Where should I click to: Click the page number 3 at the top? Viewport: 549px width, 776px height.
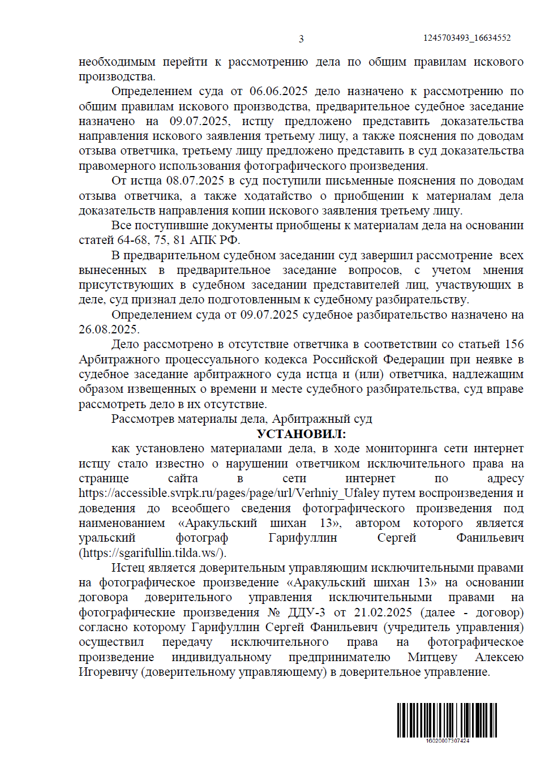point(301,39)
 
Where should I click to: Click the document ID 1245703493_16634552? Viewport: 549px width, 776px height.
point(467,38)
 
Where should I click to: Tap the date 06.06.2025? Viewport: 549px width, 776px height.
point(278,92)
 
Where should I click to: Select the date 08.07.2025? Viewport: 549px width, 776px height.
point(195,181)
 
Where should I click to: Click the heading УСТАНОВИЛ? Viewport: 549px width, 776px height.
point(301,434)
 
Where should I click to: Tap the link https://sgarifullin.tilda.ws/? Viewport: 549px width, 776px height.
point(152,553)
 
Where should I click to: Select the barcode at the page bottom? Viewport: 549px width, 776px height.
point(447,719)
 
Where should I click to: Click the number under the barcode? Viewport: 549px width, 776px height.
point(447,740)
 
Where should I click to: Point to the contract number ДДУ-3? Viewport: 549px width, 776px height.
point(306,613)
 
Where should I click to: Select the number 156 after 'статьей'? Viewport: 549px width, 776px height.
point(514,345)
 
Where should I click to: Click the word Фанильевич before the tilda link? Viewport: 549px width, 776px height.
point(490,538)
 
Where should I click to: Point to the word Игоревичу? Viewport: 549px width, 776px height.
point(108,672)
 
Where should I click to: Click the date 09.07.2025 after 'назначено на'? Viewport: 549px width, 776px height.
point(199,122)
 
